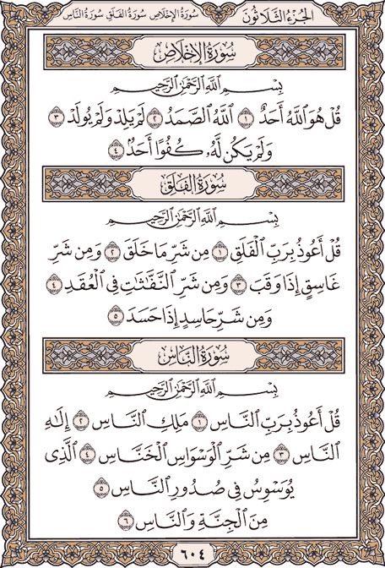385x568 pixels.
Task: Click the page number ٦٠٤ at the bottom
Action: tap(192, 554)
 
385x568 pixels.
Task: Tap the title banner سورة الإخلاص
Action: tap(192, 55)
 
